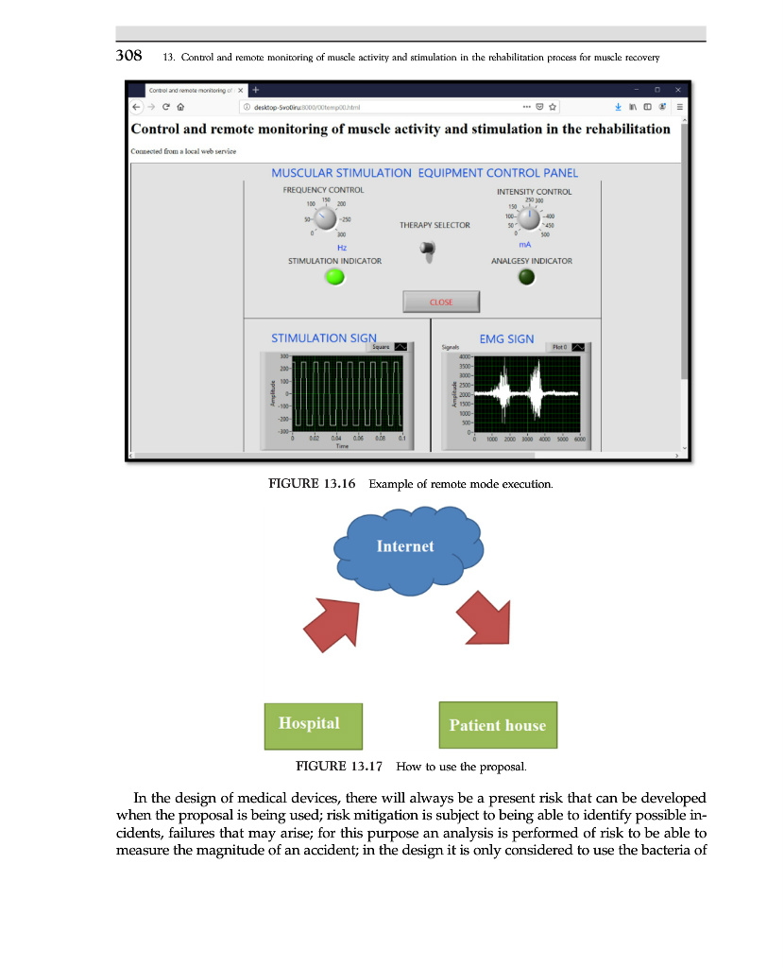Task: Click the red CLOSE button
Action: [x=441, y=302]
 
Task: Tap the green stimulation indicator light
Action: [x=334, y=277]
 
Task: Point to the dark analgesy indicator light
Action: [x=527, y=277]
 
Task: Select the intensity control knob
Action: [x=529, y=219]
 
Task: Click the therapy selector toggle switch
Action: [x=428, y=251]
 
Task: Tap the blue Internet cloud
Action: [x=405, y=554]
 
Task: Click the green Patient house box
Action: [x=498, y=725]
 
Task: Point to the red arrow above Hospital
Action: [x=330, y=624]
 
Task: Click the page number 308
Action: [x=128, y=56]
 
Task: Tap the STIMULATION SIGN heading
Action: [x=324, y=338]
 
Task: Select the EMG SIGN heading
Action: [x=506, y=338]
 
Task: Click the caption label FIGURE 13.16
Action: [x=312, y=484]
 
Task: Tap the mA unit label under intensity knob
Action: [x=525, y=244]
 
